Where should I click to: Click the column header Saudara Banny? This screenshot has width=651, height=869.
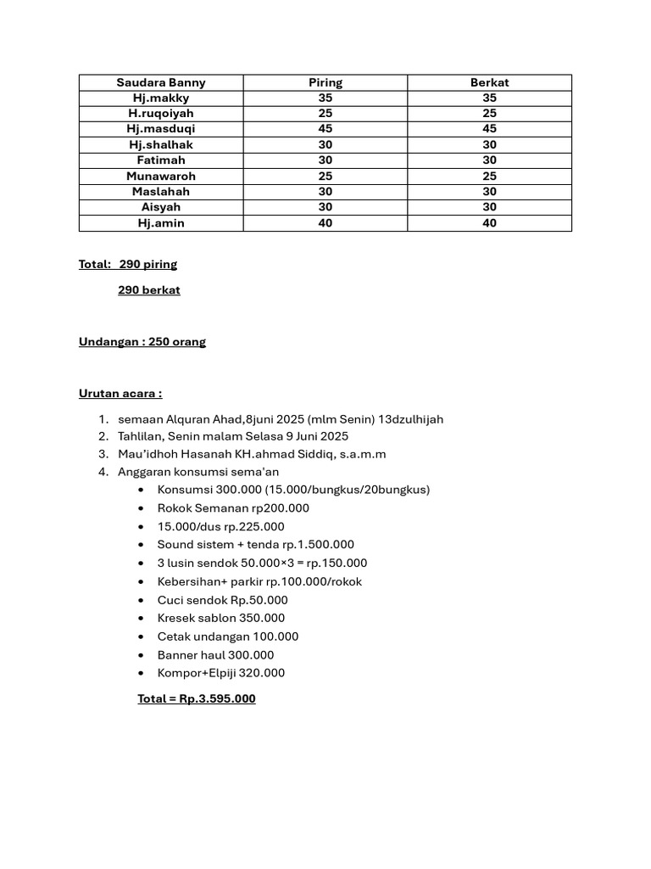(161, 82)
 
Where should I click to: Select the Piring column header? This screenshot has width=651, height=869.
(325, 82)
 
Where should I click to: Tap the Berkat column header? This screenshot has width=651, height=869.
(489, 82)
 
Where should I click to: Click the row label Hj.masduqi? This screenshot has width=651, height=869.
(161, 129)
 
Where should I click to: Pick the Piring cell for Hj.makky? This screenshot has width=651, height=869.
(325, 98)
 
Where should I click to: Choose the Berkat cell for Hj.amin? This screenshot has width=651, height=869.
(489, 223)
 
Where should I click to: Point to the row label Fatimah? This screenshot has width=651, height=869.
(161, 160)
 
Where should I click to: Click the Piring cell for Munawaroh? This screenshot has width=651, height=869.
(325, 176)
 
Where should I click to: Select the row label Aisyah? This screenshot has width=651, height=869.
(161, 207)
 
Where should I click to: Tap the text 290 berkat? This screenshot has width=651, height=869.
(149, 290)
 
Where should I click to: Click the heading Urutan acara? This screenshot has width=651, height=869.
(120, 394)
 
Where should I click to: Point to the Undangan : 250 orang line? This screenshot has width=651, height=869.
(142, 342)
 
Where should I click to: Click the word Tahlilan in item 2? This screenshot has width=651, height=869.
(142, 436)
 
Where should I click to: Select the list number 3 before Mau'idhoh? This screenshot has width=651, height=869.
(102, 454)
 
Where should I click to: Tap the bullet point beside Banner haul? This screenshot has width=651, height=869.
(140, 655)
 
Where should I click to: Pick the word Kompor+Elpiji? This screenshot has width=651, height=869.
(198, 673)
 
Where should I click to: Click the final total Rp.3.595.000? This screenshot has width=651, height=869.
(217, 699)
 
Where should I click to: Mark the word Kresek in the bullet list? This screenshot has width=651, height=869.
(176, 618)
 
